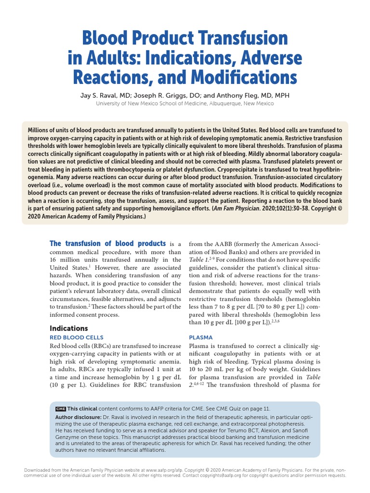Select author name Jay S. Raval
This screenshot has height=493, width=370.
(x=101, y=95)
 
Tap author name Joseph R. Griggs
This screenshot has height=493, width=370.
(x=166, y=95)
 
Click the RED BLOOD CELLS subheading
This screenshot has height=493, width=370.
(x=77, y=337)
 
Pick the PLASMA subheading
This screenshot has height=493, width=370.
(x=201, y=337)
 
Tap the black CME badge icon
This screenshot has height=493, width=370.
(x=60, y=408)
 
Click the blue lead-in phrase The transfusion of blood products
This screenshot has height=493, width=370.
(x=108, y=244)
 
